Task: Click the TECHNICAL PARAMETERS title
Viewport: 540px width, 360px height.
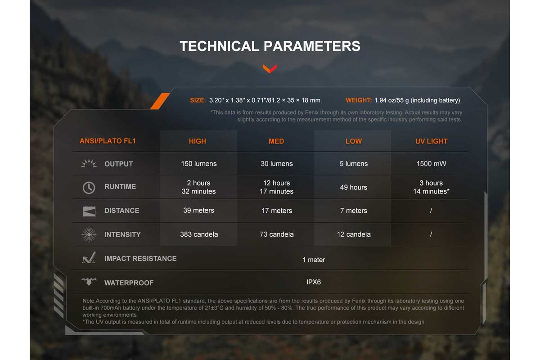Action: pos(270,46)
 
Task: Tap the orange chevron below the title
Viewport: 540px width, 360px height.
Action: pos(270,69)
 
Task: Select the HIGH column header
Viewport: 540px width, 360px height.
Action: pos(198,141)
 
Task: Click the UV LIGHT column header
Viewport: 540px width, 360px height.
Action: pos(431,141)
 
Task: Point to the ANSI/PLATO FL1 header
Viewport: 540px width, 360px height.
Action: pos(108,141)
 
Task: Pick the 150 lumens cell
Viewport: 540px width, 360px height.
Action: pos(199,164)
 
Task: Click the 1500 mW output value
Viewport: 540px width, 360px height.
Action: pos(431,164)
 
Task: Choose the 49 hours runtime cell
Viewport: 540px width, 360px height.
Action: pos(354,187)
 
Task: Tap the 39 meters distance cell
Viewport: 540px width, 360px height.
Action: pos(198,210)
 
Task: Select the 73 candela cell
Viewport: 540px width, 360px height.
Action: pos(276,234)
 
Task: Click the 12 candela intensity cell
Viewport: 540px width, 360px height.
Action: pos(354,234)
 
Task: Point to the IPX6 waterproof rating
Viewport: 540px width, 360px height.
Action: pos(314,282)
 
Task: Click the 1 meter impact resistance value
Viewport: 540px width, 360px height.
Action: pos(314,260)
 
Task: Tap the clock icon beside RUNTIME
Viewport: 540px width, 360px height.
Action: pos(89,188)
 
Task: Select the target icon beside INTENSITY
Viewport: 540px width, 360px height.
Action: pos(89,234)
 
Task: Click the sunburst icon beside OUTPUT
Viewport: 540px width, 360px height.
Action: pos(89,163)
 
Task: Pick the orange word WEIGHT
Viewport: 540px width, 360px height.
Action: pos(359,100)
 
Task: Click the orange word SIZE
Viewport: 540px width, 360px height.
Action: pos(198,100)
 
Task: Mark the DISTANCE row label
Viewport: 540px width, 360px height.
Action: pos(122,211)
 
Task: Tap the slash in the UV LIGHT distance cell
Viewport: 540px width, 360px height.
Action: pos(431,211)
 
